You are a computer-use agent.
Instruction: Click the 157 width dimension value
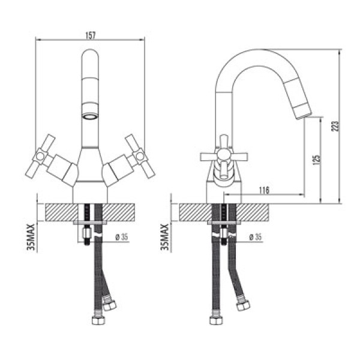90,35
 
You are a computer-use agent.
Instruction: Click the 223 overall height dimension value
335,126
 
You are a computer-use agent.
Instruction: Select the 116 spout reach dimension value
264,190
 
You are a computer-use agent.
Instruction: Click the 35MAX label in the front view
31,237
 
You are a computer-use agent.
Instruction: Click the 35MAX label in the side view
165,237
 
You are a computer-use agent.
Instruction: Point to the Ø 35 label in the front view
122,237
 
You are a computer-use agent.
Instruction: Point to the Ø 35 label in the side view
256,237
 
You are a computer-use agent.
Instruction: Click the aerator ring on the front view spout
90,117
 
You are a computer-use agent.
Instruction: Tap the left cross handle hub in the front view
40,157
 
